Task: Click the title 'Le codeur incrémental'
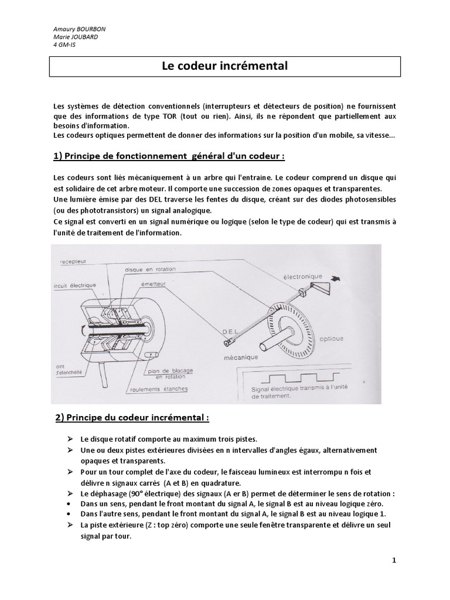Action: (224, 66)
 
